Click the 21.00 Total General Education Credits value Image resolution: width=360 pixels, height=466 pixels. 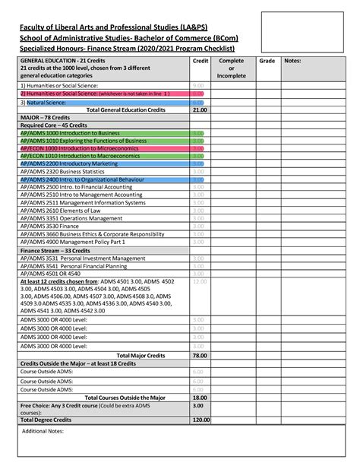point(200,109)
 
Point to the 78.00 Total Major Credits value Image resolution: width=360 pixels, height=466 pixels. point(200,355)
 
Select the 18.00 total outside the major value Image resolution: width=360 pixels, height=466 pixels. point(200,397)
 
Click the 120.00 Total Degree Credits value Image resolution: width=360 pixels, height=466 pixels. point(201,420)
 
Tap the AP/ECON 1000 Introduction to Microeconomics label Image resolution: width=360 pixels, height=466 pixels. point(74,148)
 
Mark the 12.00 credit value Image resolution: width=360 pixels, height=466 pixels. point(200,281)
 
